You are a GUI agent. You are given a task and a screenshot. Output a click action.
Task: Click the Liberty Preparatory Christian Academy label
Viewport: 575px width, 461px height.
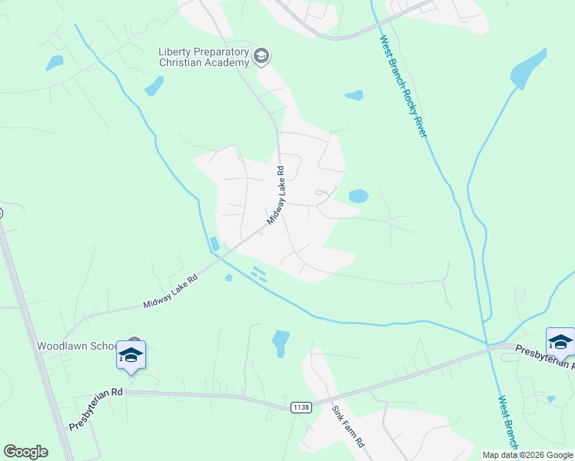[x=204, y=57]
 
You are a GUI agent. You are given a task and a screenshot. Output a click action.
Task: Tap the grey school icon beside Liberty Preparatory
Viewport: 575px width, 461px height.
[x=262, y=55]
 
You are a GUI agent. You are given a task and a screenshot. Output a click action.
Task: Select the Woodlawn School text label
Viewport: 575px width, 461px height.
[x=78, y=347]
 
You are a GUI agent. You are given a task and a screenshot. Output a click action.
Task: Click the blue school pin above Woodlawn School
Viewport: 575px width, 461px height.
[x=131, y=355]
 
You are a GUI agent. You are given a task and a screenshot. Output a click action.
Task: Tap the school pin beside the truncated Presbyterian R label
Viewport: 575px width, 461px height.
[x=560, y=342]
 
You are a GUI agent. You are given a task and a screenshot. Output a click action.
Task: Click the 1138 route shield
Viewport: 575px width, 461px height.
[x=301, y=407]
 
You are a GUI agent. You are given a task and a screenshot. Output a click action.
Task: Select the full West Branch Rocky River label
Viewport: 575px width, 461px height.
[x=404, y=86]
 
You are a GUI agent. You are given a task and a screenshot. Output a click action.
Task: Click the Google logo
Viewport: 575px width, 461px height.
[x=25, y=452]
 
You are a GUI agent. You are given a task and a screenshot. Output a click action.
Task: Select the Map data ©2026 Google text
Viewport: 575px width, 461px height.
[x=527, y=455]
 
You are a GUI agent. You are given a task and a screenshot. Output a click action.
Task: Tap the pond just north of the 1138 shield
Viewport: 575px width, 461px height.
[x=281, y=342]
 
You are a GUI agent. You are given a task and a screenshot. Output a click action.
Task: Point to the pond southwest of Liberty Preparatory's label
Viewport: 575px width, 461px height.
[x=155, y=86]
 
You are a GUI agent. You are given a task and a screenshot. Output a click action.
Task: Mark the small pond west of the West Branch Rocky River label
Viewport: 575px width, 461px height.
[x=354, y=96]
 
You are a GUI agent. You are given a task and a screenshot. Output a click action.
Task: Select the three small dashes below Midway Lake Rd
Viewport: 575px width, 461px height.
[x=258, y=274]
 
